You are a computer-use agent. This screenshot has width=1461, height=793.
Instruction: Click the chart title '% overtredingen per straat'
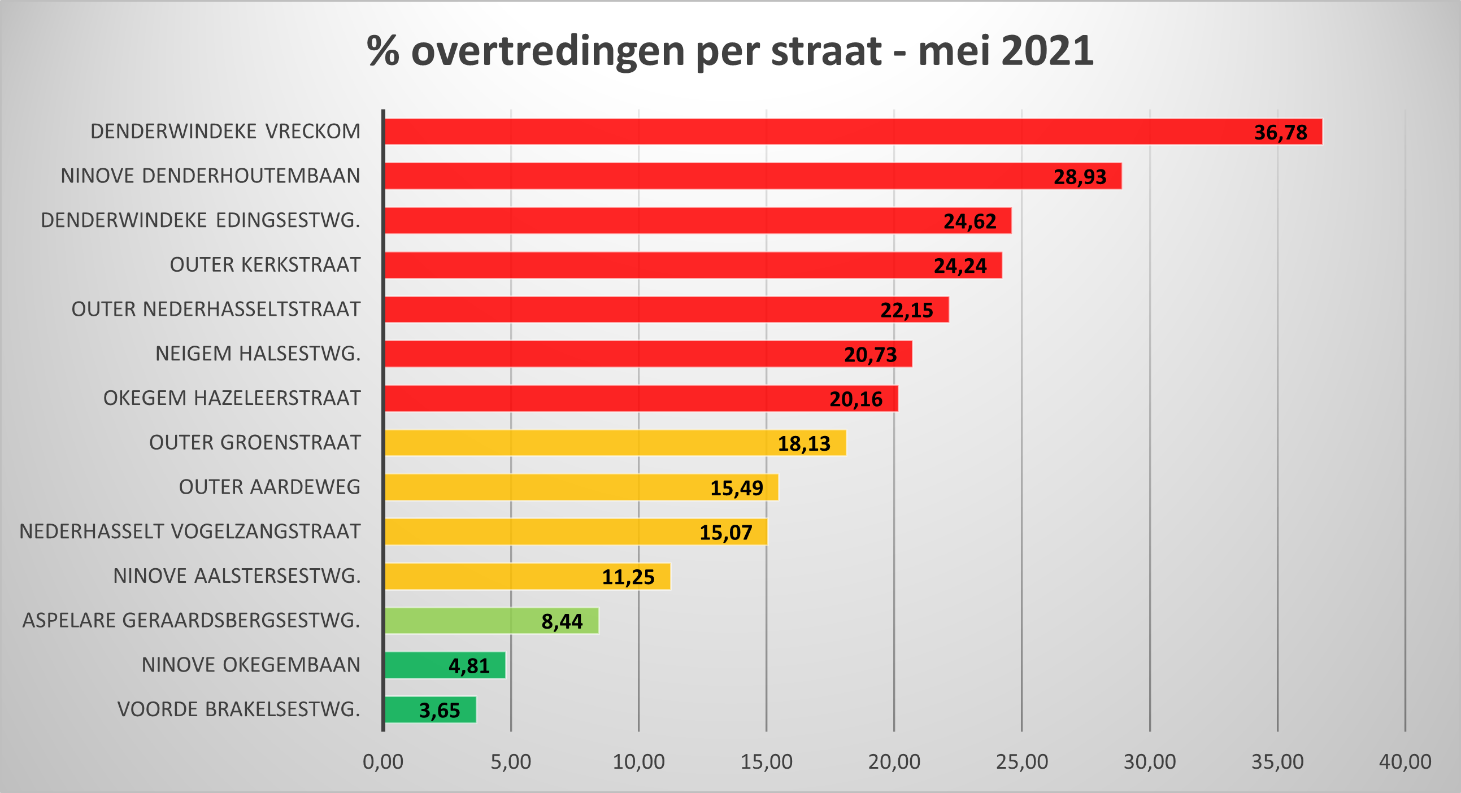pos(730,51)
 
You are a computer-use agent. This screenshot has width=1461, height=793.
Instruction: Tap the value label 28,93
pos(1080,177)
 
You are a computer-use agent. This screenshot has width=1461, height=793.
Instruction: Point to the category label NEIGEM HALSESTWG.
pos(258,354)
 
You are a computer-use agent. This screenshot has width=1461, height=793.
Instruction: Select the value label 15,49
pos(737,488)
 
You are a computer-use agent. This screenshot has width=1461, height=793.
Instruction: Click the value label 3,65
pos(440,710)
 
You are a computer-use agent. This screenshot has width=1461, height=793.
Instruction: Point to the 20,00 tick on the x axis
pos(894,762)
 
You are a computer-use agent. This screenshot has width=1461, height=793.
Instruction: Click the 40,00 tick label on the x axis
pos(1406,762)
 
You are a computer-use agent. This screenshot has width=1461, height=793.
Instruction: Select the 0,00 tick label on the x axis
pos(384,762)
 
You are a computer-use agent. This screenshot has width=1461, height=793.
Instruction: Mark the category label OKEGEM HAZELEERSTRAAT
pos(232,398)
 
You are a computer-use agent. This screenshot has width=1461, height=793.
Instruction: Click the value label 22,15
pos(906,310)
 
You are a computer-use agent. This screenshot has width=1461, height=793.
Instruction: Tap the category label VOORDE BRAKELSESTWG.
pos(239,709)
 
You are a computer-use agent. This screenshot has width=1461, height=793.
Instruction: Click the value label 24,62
pos(970,221)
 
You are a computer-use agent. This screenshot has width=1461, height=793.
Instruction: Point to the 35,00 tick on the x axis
pos(1278,762)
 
